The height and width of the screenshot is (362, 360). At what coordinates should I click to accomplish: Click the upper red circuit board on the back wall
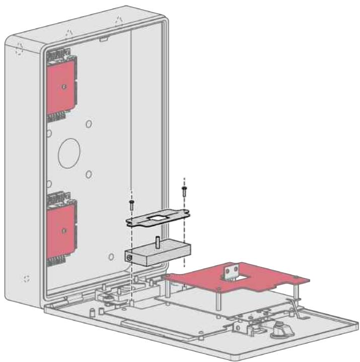point(61,86)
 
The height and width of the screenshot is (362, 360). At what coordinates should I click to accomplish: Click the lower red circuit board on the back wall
point(61,229)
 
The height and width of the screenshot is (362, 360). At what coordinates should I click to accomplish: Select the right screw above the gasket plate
point(184,190)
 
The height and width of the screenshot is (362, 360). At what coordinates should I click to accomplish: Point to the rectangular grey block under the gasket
point(156,252)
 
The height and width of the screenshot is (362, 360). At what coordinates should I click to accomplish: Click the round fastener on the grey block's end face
point(129,258)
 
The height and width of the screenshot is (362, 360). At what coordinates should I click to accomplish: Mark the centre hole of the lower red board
point(63,230)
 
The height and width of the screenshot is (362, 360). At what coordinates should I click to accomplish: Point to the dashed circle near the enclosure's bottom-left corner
point(27,278)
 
